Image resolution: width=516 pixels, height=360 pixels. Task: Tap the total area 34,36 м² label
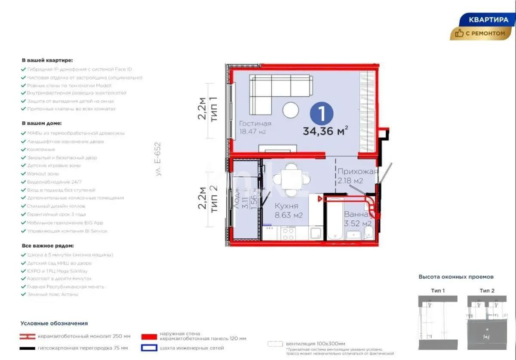(325, 131)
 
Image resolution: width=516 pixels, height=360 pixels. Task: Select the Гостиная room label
(255, 124)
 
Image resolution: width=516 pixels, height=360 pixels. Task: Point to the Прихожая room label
(357, 172)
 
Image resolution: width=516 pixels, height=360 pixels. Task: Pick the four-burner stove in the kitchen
(288, 234)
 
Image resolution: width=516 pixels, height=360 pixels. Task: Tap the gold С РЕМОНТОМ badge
(481, 34)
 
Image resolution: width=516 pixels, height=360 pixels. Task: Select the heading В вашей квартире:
(47, 61)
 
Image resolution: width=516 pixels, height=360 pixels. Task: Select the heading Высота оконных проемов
(456, 277)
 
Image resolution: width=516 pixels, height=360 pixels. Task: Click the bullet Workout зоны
(43, 174)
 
